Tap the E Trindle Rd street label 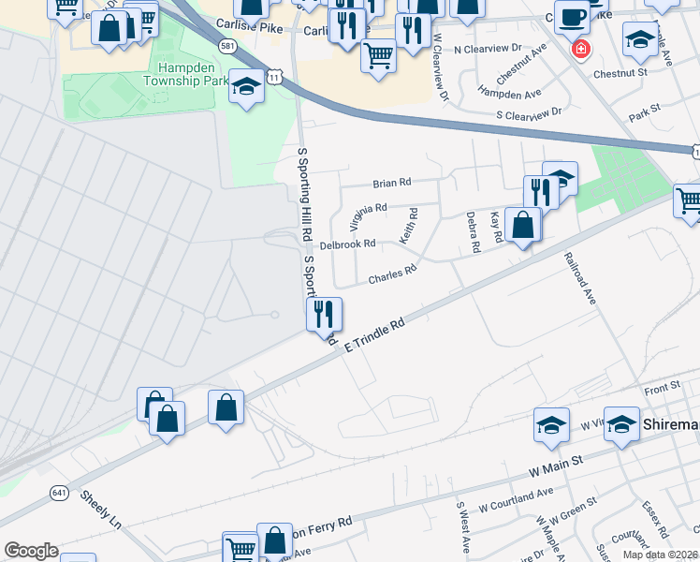tap(374, 334)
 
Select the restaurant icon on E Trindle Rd tap(325, 315)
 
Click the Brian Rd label tap(392, 183)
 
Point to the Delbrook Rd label tap(347, 244)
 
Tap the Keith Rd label tap(410, 226)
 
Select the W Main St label tap(556, 463)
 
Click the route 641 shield tap(60, 492)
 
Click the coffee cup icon tap(571, 16)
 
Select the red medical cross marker tap(581, 48)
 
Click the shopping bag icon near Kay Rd tap(522, 225)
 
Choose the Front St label tap(662, 388)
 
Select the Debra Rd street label tap(474, 233)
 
